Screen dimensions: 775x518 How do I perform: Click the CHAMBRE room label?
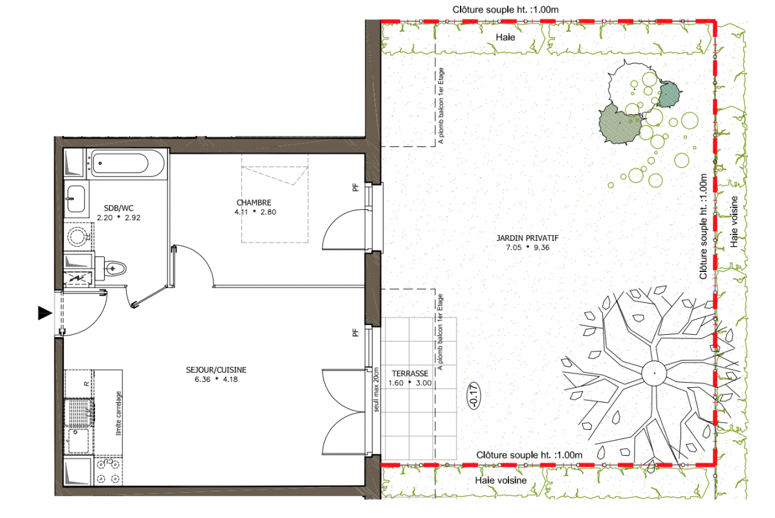(x=254, y=203)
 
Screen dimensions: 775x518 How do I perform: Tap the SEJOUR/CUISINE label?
(x=216, y=370)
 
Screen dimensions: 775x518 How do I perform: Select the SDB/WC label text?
(x=118, y=208)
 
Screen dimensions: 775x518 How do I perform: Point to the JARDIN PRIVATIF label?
(x=527, y=238)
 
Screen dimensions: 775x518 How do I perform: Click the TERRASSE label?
(x=409, y=374)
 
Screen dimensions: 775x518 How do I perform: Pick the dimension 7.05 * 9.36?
(x=527, y=247)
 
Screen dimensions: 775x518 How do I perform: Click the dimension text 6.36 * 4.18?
(x=216, y=379)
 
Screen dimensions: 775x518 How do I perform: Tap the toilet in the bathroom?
(x=113, y=269)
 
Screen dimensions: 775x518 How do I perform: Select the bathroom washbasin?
(x=75, y=199)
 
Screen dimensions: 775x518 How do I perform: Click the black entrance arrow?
(x=45, y=313)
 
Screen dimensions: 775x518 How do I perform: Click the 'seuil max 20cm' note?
(x=376, y=389)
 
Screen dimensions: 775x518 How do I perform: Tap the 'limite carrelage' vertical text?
(x=118, y=413)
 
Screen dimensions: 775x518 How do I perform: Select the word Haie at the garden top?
(x=505, y=37)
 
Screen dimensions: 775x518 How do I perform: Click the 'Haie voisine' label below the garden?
(x=501, y=480)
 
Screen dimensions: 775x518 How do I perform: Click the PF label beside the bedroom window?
(x=355, y=188)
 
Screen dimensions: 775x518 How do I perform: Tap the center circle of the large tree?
(x=655, y=373)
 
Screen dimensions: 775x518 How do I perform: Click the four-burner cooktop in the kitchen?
(x=108, y=471)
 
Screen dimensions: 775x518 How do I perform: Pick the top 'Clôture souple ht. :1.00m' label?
(x=505, y=10)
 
